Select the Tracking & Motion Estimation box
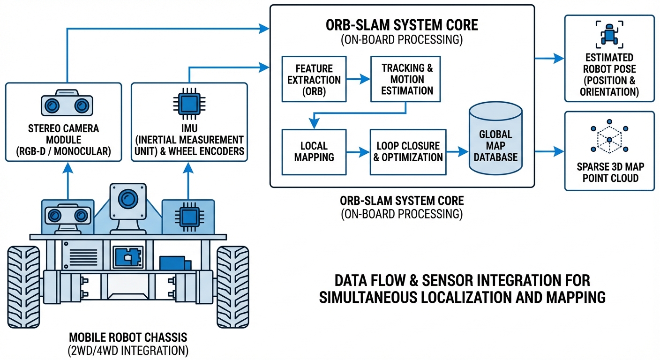click(405, 79)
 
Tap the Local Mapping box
click(314, 151)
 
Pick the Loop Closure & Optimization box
click(408, 151)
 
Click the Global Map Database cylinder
click(495, 141)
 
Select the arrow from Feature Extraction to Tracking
click(358, 80)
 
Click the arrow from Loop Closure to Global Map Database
click(457, 151)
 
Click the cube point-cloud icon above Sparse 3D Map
click(609, 139)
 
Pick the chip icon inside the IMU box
click(189, 101)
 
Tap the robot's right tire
click(232, 286)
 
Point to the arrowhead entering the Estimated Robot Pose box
click(559, 59)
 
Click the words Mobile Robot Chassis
click(128, 337)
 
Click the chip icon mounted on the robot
click(188, 217)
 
